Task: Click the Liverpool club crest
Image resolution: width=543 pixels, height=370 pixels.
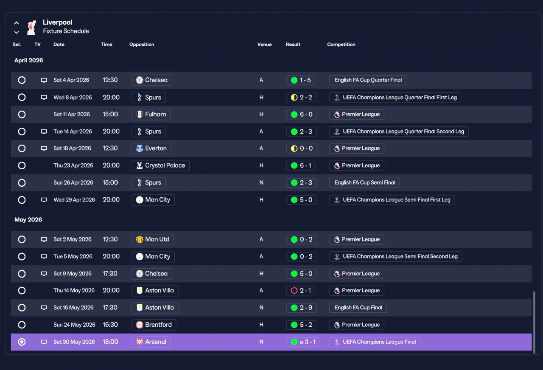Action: [x=31, y=27]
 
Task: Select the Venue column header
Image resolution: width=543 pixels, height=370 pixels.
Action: [x=264, y=45]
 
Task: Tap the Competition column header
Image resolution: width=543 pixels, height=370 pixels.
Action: [x=341, y=45]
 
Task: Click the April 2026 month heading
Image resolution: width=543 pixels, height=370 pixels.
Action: [x=28, y=60]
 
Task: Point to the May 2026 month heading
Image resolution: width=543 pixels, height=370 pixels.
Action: [x=28, y=220]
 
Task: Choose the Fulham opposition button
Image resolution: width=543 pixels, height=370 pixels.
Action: [x=151, y=115]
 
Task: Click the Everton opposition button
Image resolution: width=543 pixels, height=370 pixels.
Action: [x=151, y=149]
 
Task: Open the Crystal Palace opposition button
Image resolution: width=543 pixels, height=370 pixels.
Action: [x=160, y=165]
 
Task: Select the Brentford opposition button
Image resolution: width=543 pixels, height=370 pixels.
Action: [x=154, y=325]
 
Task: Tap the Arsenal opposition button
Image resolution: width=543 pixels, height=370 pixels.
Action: [x=151, y=342]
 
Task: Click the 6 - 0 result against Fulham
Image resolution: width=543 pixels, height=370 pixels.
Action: [x=302, y=115]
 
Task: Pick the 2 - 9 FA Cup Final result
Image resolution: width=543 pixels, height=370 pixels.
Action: [x=301, y=308]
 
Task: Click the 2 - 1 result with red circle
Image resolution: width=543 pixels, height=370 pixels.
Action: [x=301, y=291]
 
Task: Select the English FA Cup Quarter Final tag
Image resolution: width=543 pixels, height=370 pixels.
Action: [x=368, y=80]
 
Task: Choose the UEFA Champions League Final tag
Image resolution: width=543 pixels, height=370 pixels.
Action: [x=375, y=342]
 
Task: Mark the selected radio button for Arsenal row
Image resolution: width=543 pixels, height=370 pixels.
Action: [x=22, y=342]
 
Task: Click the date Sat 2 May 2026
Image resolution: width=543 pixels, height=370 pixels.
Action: [x=73, y=240]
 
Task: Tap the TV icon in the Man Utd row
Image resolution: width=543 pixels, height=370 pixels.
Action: [x=44, y=240]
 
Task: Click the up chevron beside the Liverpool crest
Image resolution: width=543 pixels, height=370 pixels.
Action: [x=17, y=23]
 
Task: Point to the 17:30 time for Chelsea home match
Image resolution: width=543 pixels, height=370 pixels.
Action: [x=110, y=274]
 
